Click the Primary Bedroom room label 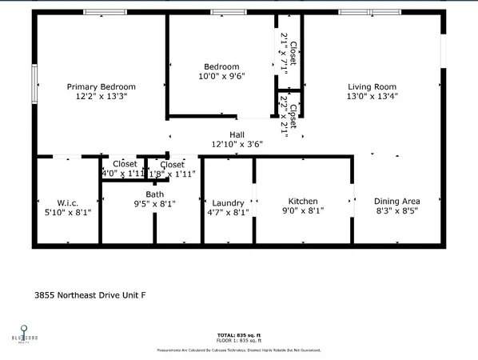coord(101,86)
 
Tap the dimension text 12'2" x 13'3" coord(101,96)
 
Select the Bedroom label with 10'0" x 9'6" coord(221,66)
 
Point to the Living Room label coord(372,86)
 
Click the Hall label coord(237,135)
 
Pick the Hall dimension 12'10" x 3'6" coord(237,145)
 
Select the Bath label coord(154,194)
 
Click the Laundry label coord(228,202)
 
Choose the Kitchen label coord(303,201)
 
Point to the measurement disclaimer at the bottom coord(240,350)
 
